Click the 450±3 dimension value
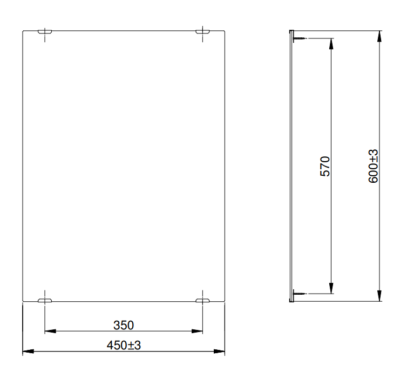pyautogui.click(x=123, y=345)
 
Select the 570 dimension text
pyautogui.click(x=324, y=167)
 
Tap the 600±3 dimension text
pyautogui.click(x=374, y=167)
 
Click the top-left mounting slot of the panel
pyautogui.click(x=45, y=34)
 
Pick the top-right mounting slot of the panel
pyautogui.click(x=202, y=34)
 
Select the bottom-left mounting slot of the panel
pyautogui.click(x=45, y=299)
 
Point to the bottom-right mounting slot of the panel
pyautogui.click(x=202, y=299)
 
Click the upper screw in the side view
pyautogui.click(x=299, y=38)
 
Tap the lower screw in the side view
pyautogui.click(x=299, y=294)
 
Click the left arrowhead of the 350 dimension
pyautogui.click(x=49, y=330)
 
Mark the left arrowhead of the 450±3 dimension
pyautogui.click(x=26, y=352)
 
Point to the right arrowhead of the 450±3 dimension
pyautogui.click(x=220, y=352)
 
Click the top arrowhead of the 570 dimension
pyautogui.click(x=331, y=43)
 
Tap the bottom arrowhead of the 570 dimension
pyautogui.click(x=331, y=290)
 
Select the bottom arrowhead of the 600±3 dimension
pyautogui.click(x=381, y=298)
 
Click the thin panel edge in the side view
pyautogui.click(x=291, y=167)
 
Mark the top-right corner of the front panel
pyautogui.click(x=224, y=31)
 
